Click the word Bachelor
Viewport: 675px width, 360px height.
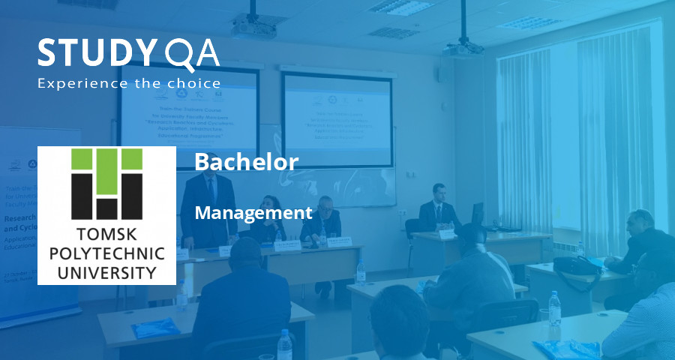point(246,161)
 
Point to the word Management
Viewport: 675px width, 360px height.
point(253,213)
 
